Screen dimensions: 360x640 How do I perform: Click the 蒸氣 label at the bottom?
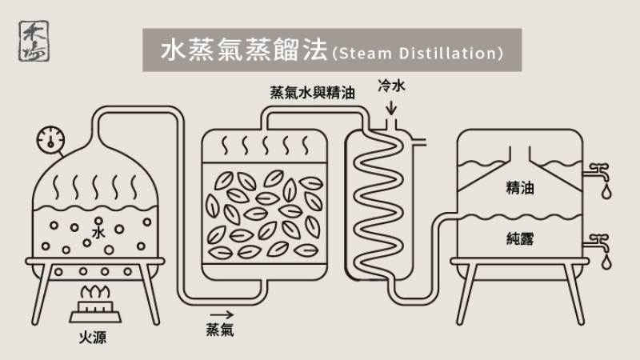pos(220,330)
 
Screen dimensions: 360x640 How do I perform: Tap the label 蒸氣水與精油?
pos(313,92)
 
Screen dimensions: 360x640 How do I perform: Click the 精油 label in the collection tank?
pos(520,189)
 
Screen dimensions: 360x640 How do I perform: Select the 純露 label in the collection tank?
pos(520,238)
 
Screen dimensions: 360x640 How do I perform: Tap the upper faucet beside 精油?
pos(595,170)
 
